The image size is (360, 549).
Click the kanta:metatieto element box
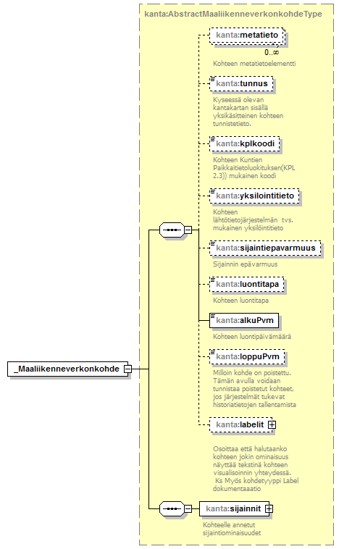click(247, 35)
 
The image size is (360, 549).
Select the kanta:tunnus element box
click(241, 84)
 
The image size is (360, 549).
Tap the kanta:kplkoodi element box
click(245, 144)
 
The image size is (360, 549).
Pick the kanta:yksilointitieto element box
click(254, 196)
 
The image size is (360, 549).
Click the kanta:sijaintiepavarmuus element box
click(265, 248)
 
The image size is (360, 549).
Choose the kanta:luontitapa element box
click(247, 285)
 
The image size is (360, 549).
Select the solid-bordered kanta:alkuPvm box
click(244, 320)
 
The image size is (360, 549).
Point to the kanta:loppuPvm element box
click(247, 356)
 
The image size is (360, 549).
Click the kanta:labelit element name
click(240, 424)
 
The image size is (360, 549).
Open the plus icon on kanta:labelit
click(272, 424)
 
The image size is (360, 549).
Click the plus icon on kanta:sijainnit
click(269, 508)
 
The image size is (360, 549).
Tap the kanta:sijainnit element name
click(233, 508)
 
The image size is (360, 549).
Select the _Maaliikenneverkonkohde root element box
click(68, 369)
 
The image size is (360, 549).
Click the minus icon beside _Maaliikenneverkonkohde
click(127, 369)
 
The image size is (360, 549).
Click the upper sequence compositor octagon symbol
click(172, 230)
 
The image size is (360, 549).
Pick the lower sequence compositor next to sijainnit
click(172, 508)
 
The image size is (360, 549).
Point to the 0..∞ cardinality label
click(272, 53)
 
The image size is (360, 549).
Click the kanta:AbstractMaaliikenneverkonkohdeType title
click(233, 14)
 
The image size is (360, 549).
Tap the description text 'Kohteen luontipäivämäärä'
click(252, 337)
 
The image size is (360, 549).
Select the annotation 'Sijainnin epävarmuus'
click(245, 264)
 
